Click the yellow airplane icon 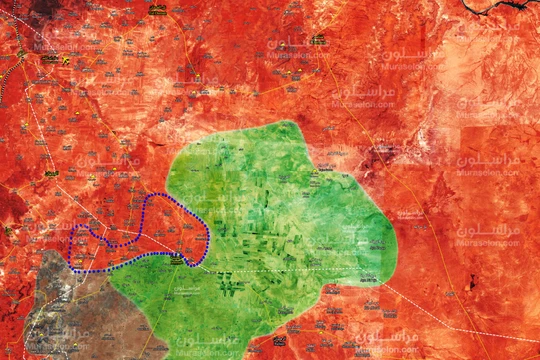[x=66, y=59]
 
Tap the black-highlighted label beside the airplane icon [x=49, y=59]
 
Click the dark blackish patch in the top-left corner [x=45, y=6]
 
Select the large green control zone [x=270, y=220]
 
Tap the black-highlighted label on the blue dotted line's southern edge [x=177, y=258]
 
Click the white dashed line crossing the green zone [x=300, y=270]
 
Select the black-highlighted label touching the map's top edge [x=157, y=9]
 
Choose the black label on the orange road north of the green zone [x=317, y=40]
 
